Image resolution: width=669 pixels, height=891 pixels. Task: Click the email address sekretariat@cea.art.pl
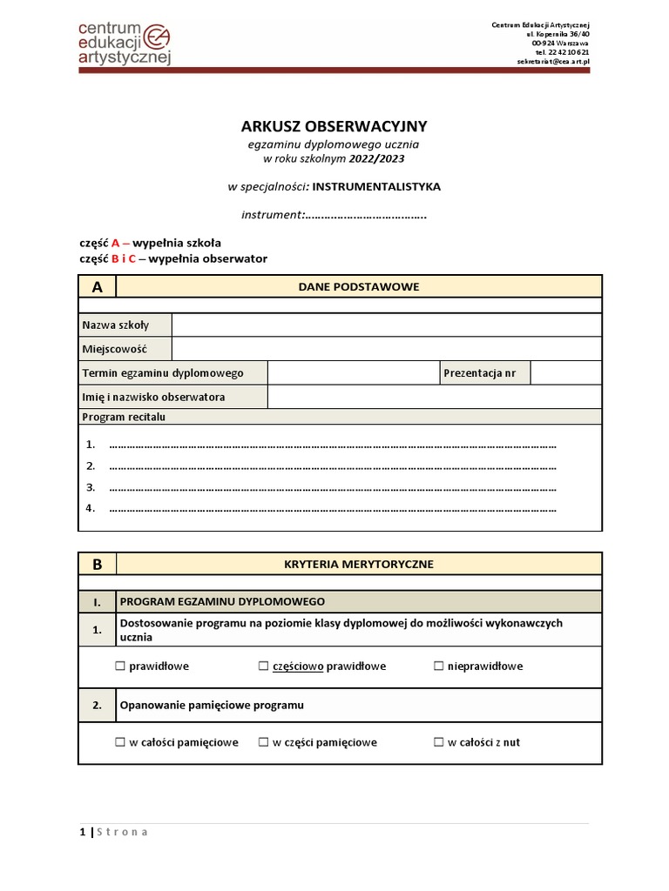coord(552,62)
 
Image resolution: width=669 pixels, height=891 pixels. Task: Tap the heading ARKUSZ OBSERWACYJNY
coord(334,126)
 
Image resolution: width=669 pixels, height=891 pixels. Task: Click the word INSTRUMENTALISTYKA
coord(376,186)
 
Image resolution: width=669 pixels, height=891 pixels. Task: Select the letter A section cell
coord(97,286)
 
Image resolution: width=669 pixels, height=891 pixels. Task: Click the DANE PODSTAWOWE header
coord(358,286)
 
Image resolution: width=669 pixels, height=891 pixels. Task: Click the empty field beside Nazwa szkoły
coord(386,325)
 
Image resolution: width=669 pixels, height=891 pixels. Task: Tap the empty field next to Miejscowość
coord(386,348)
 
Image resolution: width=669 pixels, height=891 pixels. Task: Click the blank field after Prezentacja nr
coord(565,372)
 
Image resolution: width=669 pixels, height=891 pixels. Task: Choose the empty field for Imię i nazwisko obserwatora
coord(434,397)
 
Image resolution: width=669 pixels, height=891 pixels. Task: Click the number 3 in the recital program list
coord(91,487)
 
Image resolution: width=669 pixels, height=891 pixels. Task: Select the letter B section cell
coord(97,564)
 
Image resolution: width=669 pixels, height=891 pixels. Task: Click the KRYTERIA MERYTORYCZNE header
coord(358,564)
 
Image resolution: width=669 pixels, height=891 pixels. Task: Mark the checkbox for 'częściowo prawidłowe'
coord(263,667)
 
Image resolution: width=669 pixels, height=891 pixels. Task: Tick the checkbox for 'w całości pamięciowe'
coord(119,742)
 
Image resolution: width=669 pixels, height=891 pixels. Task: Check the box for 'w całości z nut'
coord(438,742)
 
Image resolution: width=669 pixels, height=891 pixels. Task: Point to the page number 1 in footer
coord(82,832)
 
